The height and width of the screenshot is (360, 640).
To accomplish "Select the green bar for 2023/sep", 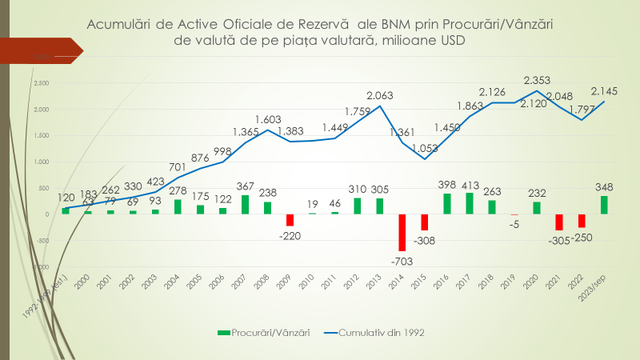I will point(604,205).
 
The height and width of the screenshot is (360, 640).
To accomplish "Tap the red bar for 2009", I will point(290,219).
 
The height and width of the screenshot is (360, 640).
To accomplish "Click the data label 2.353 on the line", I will point(537,80).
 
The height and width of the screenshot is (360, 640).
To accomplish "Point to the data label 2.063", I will point(380,96).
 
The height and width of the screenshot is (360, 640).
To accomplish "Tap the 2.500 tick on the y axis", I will point(42,82).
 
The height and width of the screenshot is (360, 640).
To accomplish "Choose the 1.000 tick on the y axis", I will point(42,162).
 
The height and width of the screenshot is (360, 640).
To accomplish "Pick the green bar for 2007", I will point(245,204).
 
